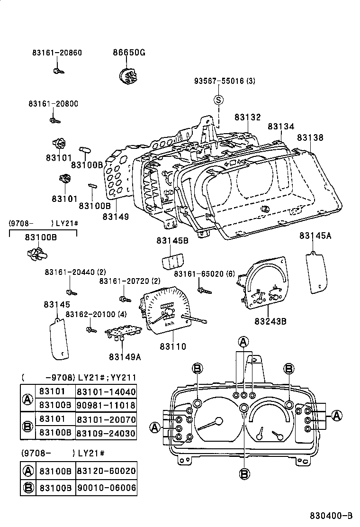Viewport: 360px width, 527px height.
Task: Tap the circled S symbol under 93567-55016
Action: pos(218,100)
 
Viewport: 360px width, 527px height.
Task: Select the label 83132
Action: pos(247,117)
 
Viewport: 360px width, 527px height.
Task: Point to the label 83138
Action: pos(310,137)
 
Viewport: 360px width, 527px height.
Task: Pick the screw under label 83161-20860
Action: pos(58,71)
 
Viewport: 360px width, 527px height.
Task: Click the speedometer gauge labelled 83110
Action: pos(166,311)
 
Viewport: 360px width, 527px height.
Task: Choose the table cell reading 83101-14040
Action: pos(106,392)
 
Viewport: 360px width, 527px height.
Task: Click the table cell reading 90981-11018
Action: pos(106,405)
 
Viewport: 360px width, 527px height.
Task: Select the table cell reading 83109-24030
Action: pos(106,433)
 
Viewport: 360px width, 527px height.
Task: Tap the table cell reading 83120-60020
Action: pos(106,471)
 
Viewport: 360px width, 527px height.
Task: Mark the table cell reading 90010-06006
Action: pos(106,487)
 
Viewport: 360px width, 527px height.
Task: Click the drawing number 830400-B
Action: pos(332,516)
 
